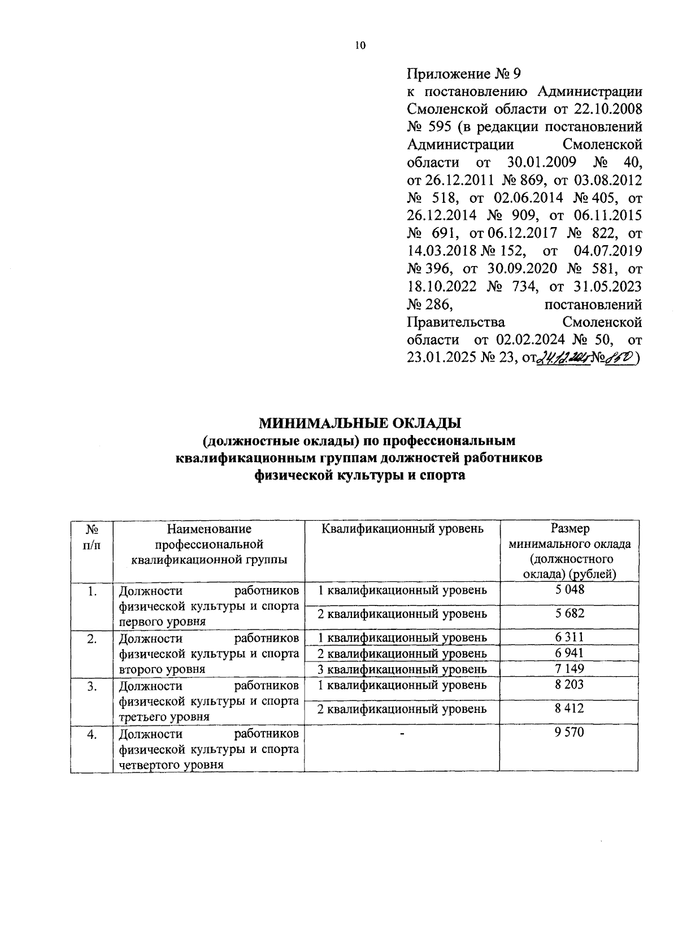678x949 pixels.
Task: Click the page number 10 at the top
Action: (x=360, y=46)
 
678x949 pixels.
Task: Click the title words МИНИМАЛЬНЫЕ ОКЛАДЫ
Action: (x=360, y=423)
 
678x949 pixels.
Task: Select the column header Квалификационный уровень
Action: (x=402, y=529)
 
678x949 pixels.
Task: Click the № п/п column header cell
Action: (x=92, y=537)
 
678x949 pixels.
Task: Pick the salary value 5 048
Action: (x=569, y=590)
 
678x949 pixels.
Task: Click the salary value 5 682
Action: (x=569, y=613)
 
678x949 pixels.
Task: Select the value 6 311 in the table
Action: (x=569, y=637)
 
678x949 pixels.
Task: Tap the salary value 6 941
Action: (x=569, y=653)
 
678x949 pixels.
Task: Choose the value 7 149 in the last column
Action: (x=569, y=669)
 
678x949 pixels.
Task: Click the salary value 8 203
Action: (x=569, y=685)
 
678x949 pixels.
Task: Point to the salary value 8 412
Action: (x=569, y=708)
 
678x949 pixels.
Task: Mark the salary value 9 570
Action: (x=569, y=733)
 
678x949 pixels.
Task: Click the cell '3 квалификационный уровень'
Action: (x=402, y=669)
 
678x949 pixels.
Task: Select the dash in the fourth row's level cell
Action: (x=402, y=733)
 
